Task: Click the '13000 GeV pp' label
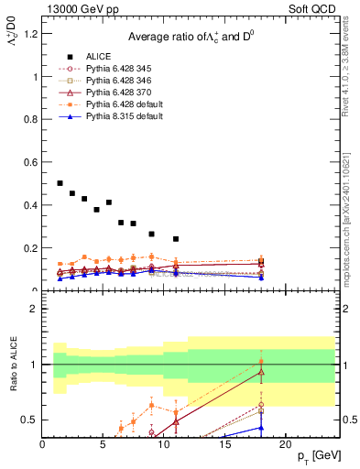pyautogui.click(x=80, y=10)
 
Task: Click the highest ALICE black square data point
pyautogui.click(x=60, y=183)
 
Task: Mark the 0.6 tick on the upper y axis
pyautogui.click(x=31, y=162)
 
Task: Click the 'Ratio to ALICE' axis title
pyautogui.click(x=14, y=365)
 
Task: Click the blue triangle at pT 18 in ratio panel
pyautogui.click(x=261, y=427)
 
